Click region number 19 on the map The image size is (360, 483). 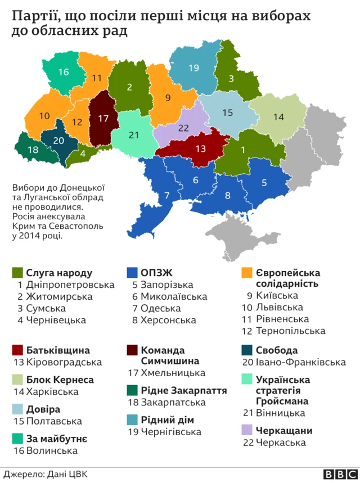click(193, 69)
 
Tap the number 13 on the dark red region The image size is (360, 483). click(200, 148)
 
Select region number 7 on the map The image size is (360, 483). click(167, 196)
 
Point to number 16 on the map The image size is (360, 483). click(63, 72)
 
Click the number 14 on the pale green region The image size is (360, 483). click(278, 117)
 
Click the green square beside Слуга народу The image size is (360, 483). click(17, 273)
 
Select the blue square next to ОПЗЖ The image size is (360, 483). click(133, 273)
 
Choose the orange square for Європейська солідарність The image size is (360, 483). click(246, 273)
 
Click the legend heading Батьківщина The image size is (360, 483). click(58, 350)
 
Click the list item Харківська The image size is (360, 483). click(52, 392)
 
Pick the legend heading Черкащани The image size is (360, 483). click(284, 431)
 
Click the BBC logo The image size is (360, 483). click(336, 473)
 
